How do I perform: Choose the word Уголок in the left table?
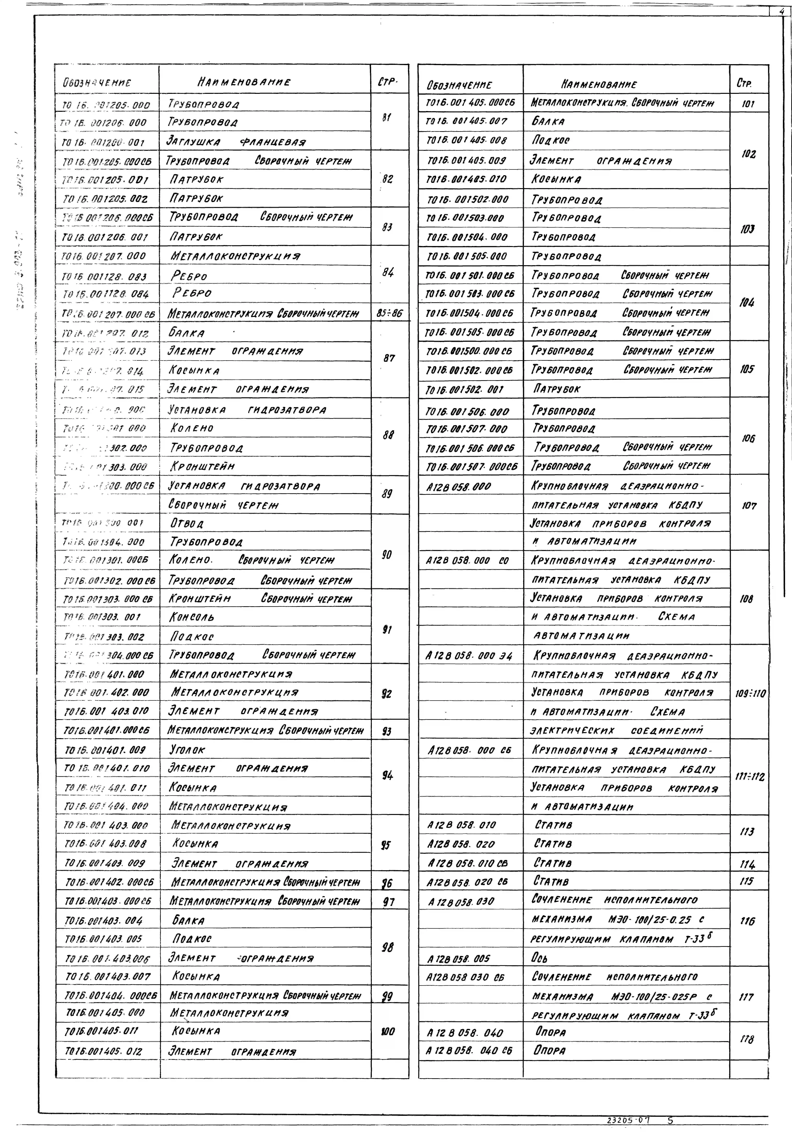tap(187, 750)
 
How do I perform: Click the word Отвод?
tap(187, 523)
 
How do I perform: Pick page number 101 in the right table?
tap(748, 104)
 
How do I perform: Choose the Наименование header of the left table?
tap(244, 82)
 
